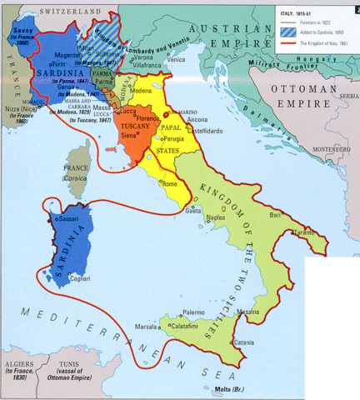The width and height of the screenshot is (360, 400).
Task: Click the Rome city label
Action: pos(171,183)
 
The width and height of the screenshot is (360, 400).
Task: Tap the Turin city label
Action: pos(60,63)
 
